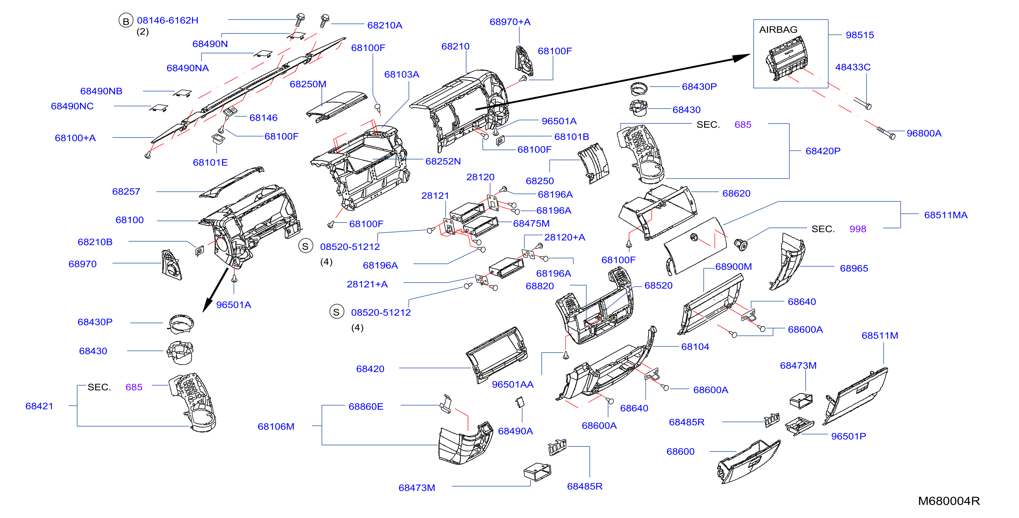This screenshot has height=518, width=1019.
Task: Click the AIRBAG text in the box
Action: [x=778, y=30]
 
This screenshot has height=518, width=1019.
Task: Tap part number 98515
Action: [x=859, y=35]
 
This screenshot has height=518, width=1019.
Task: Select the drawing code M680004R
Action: [x=948, y=501]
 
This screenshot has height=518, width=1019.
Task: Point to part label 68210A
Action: [x=384, y=25]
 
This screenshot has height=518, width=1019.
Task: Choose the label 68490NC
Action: [x=72, y=106]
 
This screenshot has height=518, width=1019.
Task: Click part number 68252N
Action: [x=443, y=161]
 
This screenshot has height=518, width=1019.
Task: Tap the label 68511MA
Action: [x=945, y=215]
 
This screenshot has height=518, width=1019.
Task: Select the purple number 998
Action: [x=858, y=229]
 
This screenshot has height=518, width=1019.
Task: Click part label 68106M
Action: [x=276, y=427]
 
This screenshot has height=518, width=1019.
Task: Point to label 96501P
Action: [x=849, y=436]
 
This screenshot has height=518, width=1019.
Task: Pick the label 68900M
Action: [x=733, y=267]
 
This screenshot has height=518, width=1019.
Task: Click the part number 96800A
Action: [x=924, y=133]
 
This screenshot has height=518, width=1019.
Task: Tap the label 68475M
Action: [x=531, y=223]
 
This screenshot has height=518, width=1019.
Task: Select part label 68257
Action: [x=126, y=191]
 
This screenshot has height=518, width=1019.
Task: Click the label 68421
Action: [x=39, y=406]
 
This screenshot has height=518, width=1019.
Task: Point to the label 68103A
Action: [x=401, y=74]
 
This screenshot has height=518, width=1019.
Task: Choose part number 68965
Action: [x=854, y=268]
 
